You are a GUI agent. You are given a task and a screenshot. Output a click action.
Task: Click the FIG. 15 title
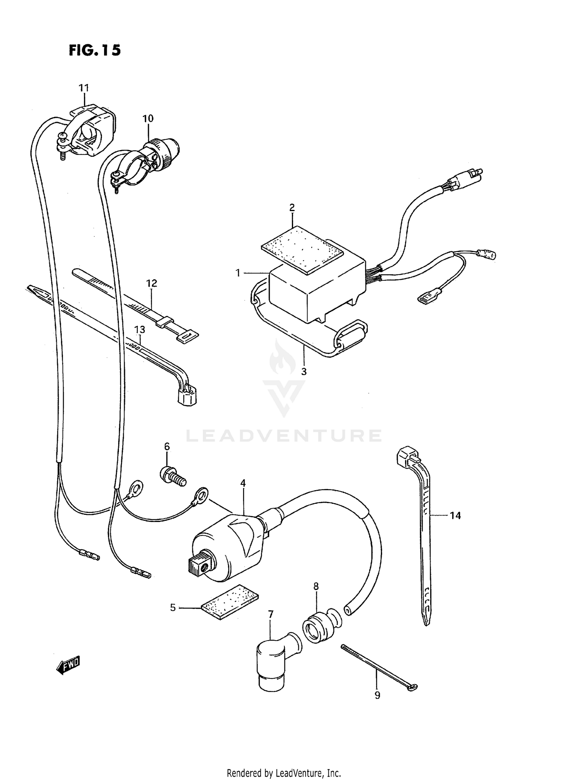click(x=95, y=50)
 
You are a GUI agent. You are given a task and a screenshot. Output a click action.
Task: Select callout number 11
click(x=84, y=88)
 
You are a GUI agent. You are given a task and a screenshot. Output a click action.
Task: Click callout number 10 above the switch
click(x=148, y=119)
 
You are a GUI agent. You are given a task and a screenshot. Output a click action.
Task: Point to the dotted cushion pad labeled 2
click(x=302, y=250)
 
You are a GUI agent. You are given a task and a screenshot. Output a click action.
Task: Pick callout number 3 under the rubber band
click(x=304, y=372)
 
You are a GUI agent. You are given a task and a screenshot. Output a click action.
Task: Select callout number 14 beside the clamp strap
click(x=455, y=516)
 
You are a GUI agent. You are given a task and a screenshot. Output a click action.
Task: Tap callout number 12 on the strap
click(x=151, y=283)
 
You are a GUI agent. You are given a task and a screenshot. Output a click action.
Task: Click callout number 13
click(x=140, y=330)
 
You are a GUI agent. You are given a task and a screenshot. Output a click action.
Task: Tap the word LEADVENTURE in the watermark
click(x=284, y=436)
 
